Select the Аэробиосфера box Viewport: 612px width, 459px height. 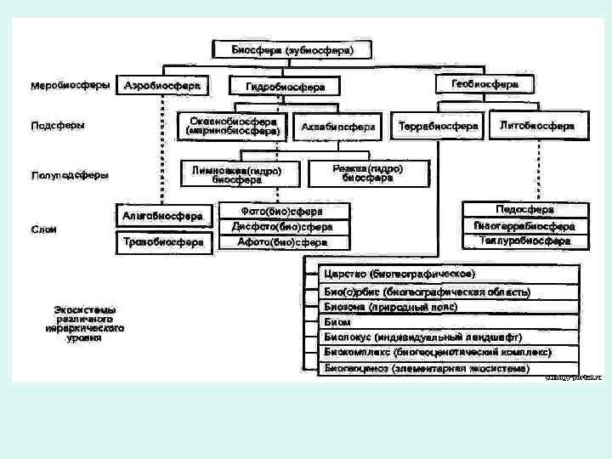point(162,87)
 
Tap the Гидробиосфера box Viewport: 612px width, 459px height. point(285,87)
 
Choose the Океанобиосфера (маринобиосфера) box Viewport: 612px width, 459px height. point(233,126)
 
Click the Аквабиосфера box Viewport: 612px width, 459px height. point(338,127)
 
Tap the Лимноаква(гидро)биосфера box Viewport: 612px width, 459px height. point(237,175)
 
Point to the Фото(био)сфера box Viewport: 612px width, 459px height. point(283,210)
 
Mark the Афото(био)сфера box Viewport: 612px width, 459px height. point(283,242)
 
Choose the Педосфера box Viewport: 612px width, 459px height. point(524,210)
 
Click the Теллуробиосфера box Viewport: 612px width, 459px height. point(524,241)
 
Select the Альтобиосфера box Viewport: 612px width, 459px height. point(162,216)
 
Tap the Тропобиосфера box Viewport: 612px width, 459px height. point(162,242)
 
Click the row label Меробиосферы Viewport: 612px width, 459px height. point(70,87)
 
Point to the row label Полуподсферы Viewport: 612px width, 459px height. point(70,176)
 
